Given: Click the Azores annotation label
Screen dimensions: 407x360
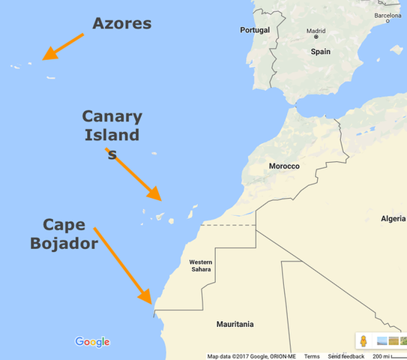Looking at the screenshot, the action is [121, 23].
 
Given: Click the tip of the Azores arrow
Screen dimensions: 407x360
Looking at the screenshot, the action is [43, 58].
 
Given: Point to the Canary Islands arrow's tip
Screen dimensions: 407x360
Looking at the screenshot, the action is [160, 199].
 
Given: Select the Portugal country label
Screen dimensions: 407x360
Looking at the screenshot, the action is [254, 30].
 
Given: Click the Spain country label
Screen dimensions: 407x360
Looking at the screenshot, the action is [321, 52].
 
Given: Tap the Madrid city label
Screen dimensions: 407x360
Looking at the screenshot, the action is [317, 31].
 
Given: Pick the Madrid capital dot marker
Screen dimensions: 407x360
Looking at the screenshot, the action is [316, 37].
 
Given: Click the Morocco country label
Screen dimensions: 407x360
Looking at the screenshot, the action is [284, 166].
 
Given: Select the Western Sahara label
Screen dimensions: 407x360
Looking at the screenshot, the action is [200, 265].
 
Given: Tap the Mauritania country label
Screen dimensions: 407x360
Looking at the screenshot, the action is [235, 324].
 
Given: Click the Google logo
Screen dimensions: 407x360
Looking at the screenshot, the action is [92, 342].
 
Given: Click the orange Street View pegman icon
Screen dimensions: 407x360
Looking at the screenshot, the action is [363, 341].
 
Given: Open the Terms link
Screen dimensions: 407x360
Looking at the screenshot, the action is [312, 356].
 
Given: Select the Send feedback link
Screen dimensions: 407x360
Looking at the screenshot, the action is [346, 356].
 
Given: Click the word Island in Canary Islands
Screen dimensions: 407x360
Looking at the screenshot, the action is [111, 135].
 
